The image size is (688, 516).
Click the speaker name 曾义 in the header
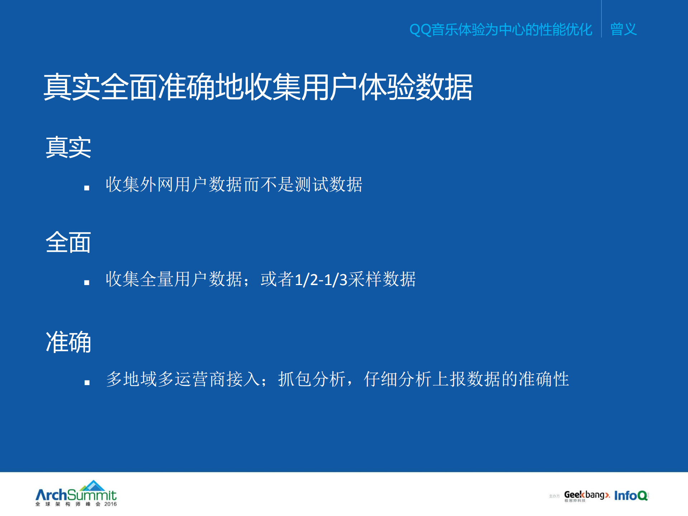(623, 29)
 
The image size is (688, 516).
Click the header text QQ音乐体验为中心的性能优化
(500, 29)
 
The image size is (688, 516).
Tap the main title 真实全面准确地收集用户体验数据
(258, 87)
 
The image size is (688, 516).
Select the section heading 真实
(68, 147)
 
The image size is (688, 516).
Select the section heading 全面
(68, 242)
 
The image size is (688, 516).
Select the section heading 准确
(68, 342)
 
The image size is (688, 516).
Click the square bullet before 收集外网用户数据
(87, 188)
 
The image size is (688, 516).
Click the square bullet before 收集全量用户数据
(87, 283)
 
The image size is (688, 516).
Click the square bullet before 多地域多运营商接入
(87, 383)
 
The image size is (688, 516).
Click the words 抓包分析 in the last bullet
(312, 379)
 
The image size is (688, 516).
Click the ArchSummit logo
(76, 494)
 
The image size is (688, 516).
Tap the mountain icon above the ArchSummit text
(93, 486)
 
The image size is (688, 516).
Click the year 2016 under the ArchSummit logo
(110, 504)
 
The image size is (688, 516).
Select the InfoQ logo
(631, 496)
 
